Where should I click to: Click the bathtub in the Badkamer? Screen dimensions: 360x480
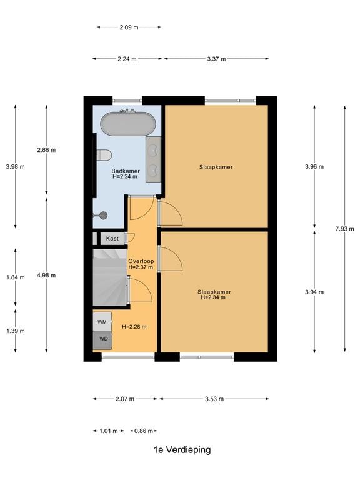click(x=128, y=124)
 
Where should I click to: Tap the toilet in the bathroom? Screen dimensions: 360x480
click(x=104, y=155)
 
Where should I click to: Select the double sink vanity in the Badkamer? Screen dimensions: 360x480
click(x=153, y=159)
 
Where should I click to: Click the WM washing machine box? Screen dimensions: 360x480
click(x=102, y=322)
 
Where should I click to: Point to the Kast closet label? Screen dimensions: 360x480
click(x=112, y=239)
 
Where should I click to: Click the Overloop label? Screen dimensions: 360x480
click(x=141, y=261)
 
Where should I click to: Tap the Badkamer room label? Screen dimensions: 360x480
click(x=126, y=171)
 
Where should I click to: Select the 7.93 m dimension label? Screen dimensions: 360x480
click(x=345, y=229)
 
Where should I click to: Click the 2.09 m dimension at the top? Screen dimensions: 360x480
click(x=129, y=27)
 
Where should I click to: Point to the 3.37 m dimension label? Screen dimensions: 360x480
click(x=216, y=59)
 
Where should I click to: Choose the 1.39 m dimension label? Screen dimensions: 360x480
click(x=16, y=331)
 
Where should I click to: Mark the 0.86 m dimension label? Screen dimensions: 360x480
click(x=144, y=431)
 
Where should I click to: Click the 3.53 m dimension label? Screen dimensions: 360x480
click(x=214, y=399)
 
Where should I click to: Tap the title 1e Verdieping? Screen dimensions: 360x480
click(x=182, y=450)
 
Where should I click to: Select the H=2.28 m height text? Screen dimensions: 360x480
click(x=134, y=327)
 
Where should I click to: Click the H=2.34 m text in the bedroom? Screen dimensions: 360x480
click(x=213, y=297)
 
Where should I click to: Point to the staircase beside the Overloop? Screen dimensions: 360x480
click(x=110, y=277)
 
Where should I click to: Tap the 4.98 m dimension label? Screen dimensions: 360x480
click(x=46, y=275)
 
